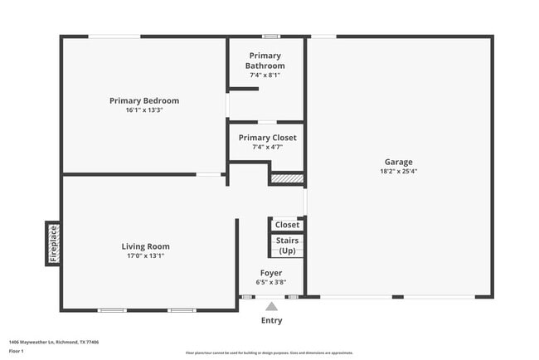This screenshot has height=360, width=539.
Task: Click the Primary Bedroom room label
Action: (144, 100)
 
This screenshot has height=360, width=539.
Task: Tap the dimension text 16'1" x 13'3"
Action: (144, 109)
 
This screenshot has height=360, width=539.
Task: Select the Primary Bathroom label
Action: (266, 61)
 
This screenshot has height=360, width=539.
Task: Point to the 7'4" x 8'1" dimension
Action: (266, 75)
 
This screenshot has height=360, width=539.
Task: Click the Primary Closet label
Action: (267, 138)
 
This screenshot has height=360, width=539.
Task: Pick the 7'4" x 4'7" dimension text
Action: (267, 147)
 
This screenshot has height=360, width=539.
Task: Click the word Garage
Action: (398, 162)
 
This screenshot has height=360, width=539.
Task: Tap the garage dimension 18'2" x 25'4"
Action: (398, 172)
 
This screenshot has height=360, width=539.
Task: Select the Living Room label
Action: (146, 246)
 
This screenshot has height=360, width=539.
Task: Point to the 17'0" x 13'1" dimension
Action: (146, 255)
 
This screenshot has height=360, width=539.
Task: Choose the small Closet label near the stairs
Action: (287, 225)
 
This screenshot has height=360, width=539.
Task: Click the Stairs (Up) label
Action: (287, 246)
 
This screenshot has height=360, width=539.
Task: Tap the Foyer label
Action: (271, 273)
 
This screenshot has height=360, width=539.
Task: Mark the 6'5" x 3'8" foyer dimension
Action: (271, 282)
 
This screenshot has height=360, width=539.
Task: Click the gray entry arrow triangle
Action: (270, 306)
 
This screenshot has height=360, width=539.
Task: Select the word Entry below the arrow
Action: (271, 320)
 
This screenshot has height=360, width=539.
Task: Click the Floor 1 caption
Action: (16, 351)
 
